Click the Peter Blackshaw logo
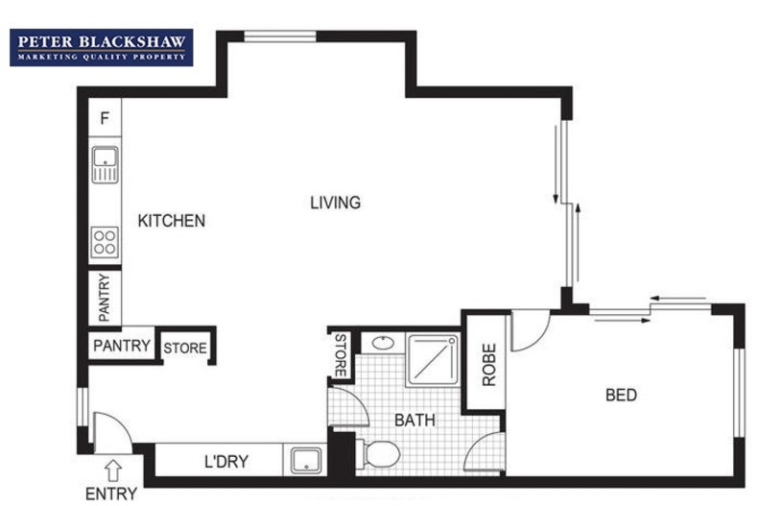[102, 47]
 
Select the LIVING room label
[335, 203]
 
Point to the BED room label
[621, 395]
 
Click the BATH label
[415, 420]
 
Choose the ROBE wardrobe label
[488, 364]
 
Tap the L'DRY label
[226, 461]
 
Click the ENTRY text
[111, 494]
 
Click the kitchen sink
[104, 164]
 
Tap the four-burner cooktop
[104, 242]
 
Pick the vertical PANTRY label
[104, 298]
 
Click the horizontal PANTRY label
[122, 346]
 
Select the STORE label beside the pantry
[184, 348]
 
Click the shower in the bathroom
[434, 360]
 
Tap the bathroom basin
[381, 341]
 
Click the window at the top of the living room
[279, 36]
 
